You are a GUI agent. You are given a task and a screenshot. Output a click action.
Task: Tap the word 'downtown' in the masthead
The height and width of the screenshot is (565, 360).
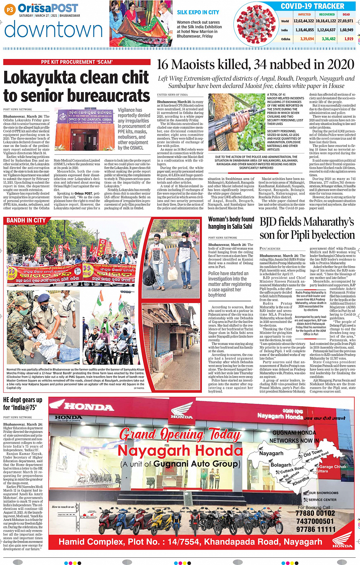pyautogui.click(x=54, y=30)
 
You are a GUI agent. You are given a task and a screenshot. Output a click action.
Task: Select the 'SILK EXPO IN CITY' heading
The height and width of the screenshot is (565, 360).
pyautogui.click(x=198, y=12)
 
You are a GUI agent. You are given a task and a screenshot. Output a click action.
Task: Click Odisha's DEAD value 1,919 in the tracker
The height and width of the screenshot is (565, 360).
pyautogui.click(x=349, y=39)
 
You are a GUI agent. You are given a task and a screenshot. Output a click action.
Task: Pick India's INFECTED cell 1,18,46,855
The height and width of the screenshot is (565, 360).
pyautogui.click(x=304, y=30)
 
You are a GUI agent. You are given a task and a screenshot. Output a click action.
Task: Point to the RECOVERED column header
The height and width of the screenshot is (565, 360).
pyautogui.click(x=327, y=14)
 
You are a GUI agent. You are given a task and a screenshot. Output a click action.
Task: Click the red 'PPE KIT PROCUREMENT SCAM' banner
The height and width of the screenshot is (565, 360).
pyautogui.click(x=77, y=62)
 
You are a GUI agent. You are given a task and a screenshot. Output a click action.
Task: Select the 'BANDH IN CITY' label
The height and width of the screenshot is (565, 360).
pyautogui.click(x=26, y=220)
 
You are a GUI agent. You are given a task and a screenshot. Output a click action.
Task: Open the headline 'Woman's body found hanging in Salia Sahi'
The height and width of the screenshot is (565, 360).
pyautogui.click(x=231, y=223)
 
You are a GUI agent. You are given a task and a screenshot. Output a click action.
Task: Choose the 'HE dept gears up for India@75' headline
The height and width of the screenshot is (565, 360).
pyautogui.click(x=23, y=404)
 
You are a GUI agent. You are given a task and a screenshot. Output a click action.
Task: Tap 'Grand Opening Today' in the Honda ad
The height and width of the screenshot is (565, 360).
pyautogui.click(x=180, y=434)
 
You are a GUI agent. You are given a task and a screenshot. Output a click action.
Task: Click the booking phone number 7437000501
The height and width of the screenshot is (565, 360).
pyautogui.click(x=315, y=521)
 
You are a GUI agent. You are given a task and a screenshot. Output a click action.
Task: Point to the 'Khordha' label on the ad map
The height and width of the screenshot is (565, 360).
pyautogui.click(x=301, y=480)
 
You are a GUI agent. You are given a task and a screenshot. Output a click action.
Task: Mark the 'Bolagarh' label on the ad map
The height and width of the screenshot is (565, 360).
pyautogui.click(x=281, y=465)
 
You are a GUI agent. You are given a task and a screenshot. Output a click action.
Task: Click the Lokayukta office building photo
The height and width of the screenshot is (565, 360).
pyautogui.click(x=85, y=129)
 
